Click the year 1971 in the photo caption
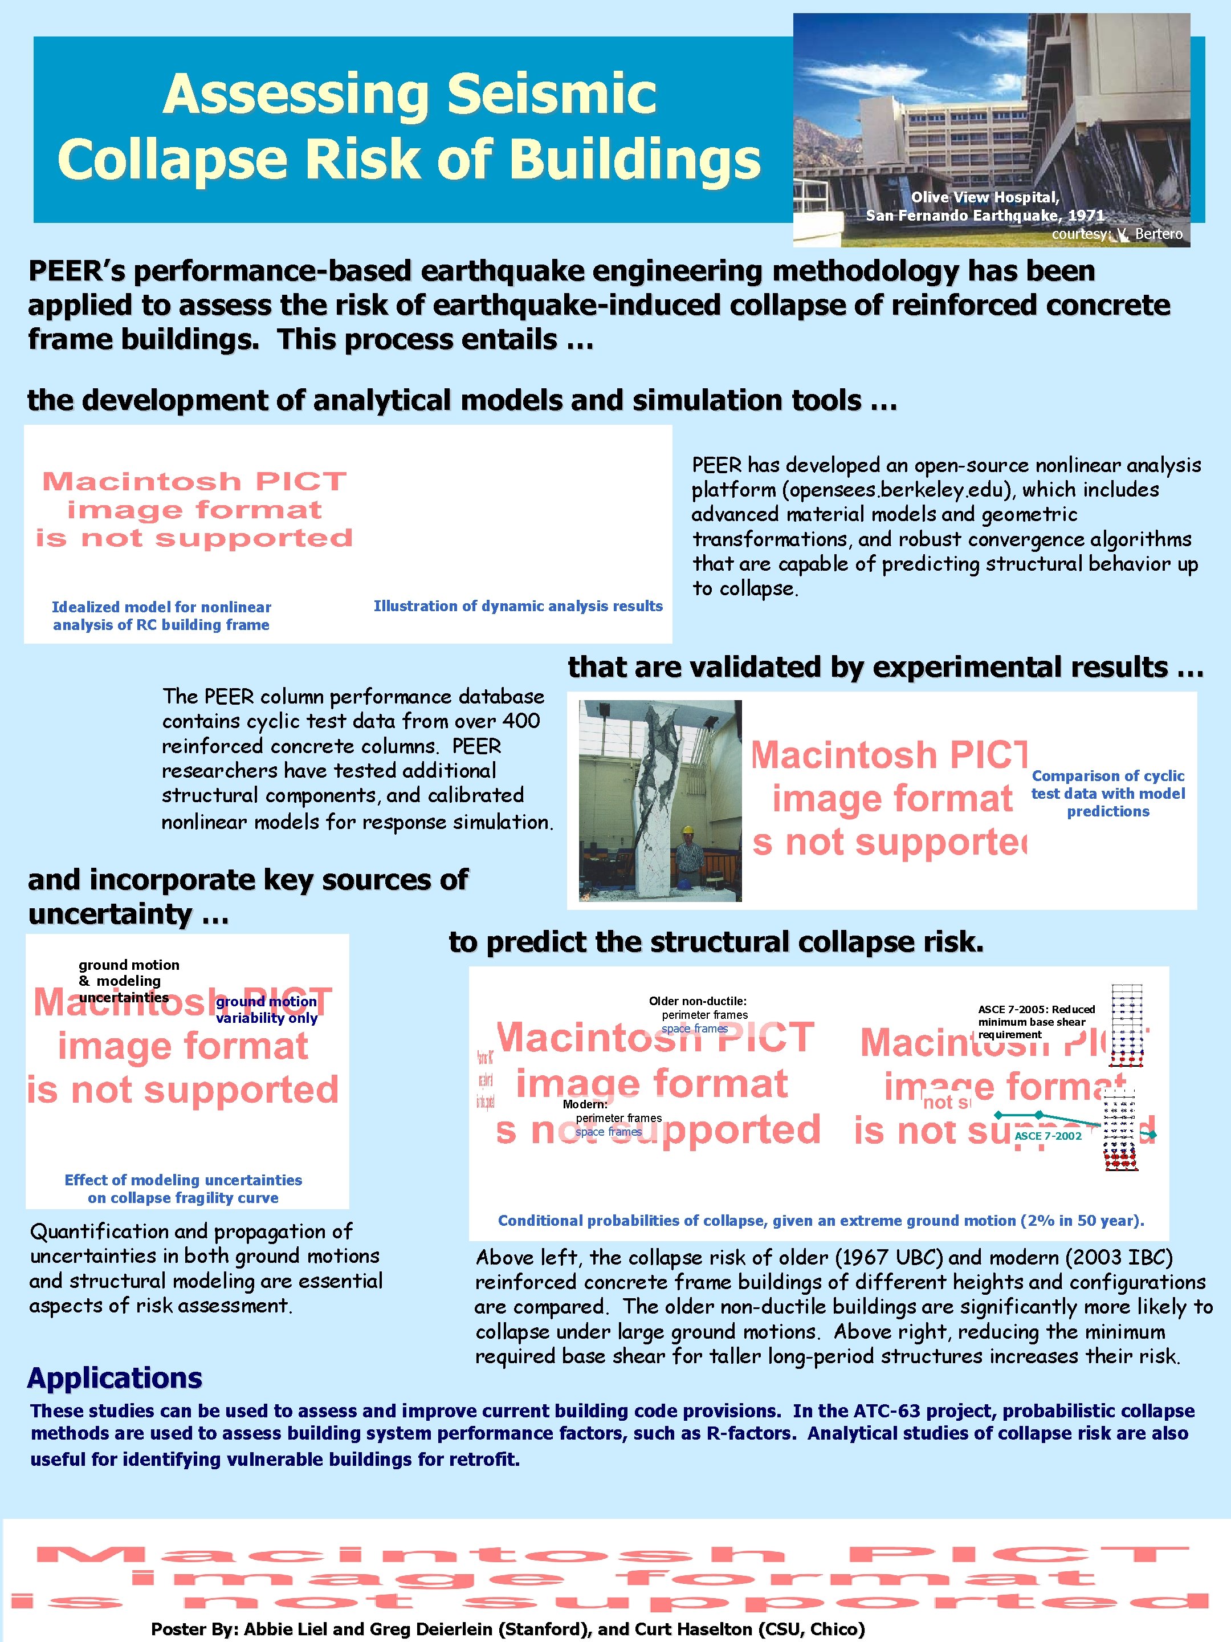tap(1086, 216)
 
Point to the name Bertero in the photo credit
tap(1158, 234)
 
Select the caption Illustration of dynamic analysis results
tap(518, 607)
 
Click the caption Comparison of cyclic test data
tap(1108, 794)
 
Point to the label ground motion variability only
tap(266, 1010)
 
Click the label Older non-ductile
tap(698, 1001)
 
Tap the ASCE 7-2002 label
tap(1047, 1136)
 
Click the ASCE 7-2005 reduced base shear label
tap(1036, 1022)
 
